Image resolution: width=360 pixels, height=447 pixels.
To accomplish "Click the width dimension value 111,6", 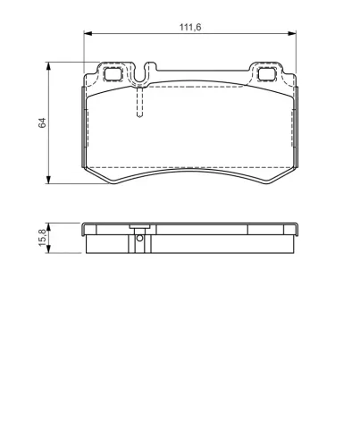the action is click(x=190, y=27).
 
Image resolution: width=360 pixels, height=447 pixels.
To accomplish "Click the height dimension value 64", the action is click(x=42, y=122).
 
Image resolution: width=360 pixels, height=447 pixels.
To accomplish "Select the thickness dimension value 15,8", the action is click(x=42, y=238).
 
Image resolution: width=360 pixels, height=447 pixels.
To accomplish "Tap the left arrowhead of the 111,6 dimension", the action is click(x=88, y=34).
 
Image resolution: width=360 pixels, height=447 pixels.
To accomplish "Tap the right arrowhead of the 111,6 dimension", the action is click(x=292, y=34).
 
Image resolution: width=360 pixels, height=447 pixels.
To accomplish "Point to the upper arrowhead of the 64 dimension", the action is click(x=48, y=66).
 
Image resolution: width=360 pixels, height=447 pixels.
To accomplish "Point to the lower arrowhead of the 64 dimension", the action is click(x=48, y=180).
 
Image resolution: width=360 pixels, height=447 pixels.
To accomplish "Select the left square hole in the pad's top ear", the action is click(x=113, y=73).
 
